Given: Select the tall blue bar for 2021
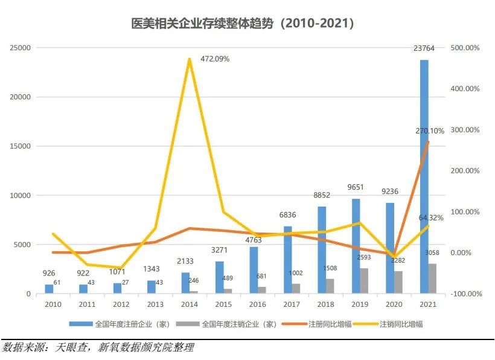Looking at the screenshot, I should pyautogui.click(x=424, y=176).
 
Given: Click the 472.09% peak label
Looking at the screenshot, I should pyautogui.click(x=215, y=59).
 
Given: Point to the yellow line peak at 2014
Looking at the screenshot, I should pyautogui.click(x=190, y=59).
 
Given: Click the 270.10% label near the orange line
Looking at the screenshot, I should pyautogui.click(x=429, y=130).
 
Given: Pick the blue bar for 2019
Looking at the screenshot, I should pyautogui.click(x=356, y=246).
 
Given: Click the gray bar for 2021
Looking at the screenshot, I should pyautogui.click(x=432, y=278).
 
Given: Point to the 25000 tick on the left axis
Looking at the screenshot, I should pyautogui.click(x=22, y=48).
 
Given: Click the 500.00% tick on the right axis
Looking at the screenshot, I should pyautogui.click(x=465, y=48).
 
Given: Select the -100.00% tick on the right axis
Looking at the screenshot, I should pyautogui.click(x=464, y=294).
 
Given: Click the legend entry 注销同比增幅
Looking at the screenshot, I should pyautogui.click(x=401, y=324).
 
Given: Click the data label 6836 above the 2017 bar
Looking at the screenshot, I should pyautogui.click(x=287, y=215).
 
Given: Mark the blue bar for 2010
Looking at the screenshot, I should pyautogui.click(x=49, y=289).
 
